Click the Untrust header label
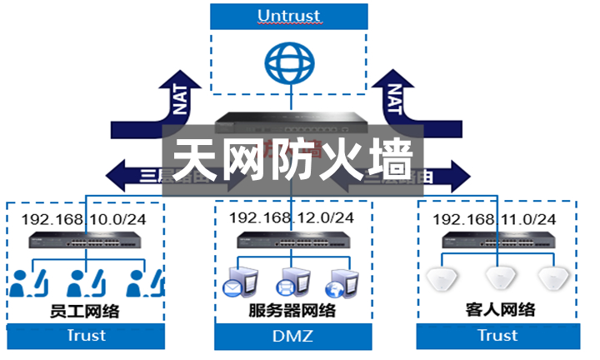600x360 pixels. point(289,16)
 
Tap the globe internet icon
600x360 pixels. point(288,63)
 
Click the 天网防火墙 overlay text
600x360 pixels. point(292,158)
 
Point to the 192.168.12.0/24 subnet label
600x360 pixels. point(291,217)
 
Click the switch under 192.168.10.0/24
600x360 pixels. point(87,244)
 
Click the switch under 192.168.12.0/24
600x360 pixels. point(291,242)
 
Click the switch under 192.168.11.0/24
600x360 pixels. point(497,244)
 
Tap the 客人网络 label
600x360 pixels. point(499,310)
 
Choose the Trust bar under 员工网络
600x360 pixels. point(87,336)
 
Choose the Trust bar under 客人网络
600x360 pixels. point(497,336)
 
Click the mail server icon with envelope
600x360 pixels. point(236,282)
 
